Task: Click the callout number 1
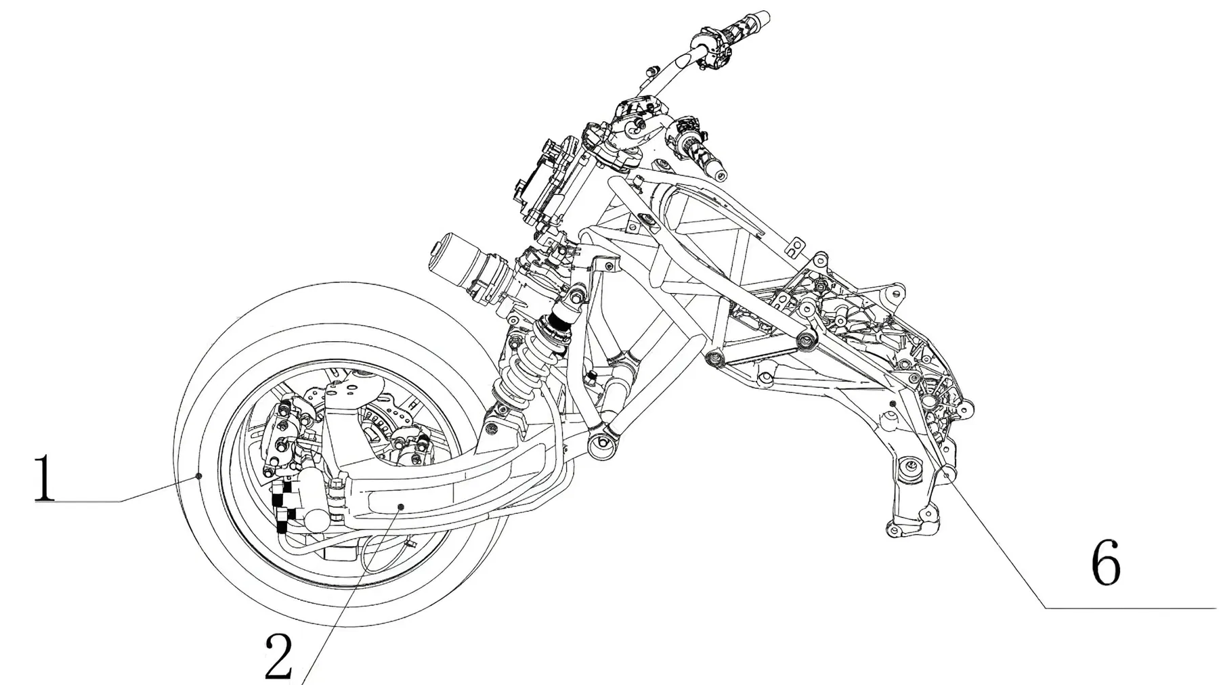(x=45, y=479)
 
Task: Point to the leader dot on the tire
(x=198, y=477)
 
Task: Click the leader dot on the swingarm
(x=401, y=506)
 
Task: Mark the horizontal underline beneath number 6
(x=1131, y=609)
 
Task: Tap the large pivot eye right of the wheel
(x=599, y=444)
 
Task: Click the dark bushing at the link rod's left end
(x=712, y=358)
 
